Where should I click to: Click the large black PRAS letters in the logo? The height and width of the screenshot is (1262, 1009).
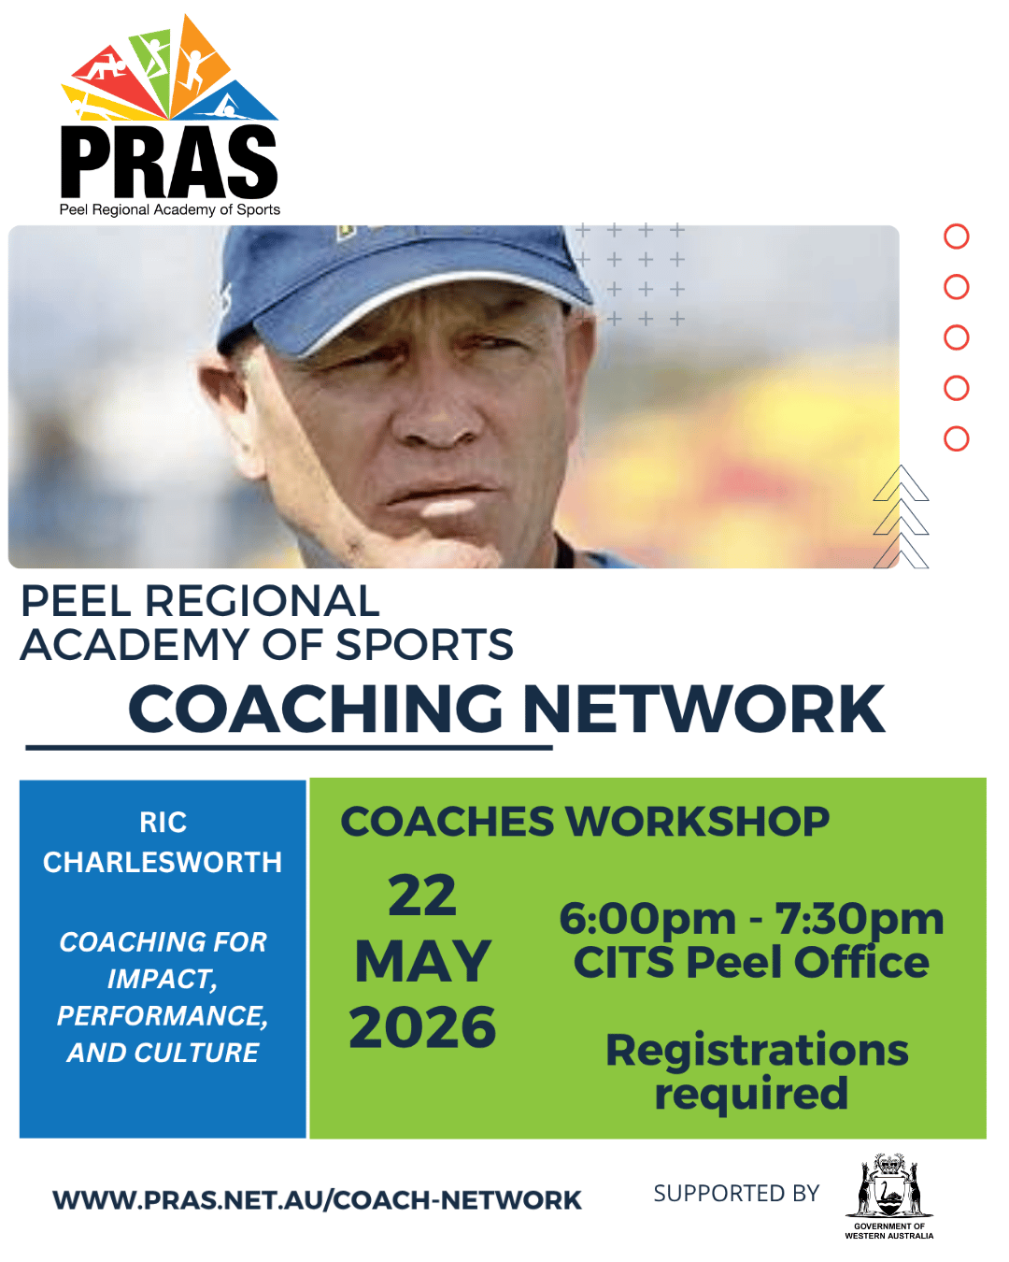click(x=169, y=162)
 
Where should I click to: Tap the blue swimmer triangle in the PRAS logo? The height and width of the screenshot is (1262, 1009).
click(x=232, y=104)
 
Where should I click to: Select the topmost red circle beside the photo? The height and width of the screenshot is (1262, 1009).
click(x=956, y=237)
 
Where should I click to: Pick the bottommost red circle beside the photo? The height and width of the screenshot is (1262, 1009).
click(x=956, y=438)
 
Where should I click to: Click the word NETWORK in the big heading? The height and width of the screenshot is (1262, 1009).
click(x=703, y=709)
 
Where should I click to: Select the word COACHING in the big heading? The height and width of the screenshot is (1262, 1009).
click(x=316, y=709)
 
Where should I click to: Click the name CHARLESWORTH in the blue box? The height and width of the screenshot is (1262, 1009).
click(x=163, y=862)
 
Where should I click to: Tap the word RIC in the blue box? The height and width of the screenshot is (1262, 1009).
click(x=163, y=823)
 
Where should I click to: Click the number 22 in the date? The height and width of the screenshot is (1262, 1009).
click(x=422, y=896)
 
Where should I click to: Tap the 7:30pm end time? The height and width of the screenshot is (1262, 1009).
click(x=860, y=920)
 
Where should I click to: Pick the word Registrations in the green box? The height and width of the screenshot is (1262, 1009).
click(x=757, y=1051)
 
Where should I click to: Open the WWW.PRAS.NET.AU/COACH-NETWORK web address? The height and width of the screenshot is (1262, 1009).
click(x=317, y=1200)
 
